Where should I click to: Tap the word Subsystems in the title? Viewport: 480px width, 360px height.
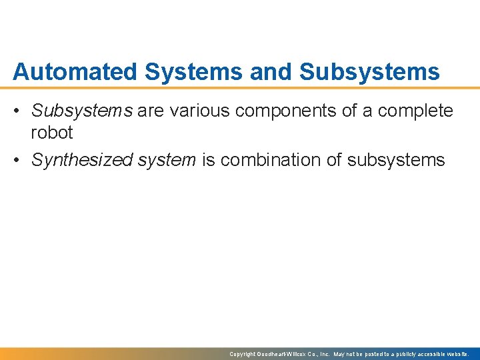369,71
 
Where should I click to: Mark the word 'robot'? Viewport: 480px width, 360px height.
52,133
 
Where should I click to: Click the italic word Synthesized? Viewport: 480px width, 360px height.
78,161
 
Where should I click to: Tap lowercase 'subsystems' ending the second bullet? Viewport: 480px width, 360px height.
396,161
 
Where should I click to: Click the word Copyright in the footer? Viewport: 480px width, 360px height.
243,354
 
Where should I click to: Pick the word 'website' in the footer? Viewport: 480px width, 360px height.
457,354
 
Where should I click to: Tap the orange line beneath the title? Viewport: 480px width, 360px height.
240,87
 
